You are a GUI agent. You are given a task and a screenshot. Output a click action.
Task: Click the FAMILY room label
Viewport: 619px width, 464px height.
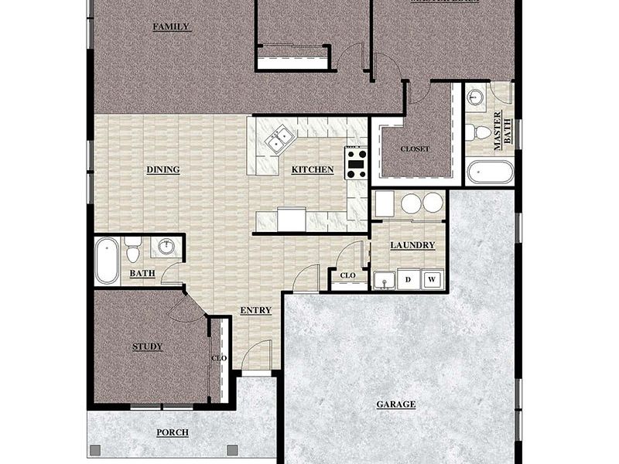171,26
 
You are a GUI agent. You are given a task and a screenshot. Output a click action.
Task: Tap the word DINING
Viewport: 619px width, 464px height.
162,169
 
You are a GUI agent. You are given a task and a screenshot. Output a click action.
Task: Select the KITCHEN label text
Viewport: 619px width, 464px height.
313,169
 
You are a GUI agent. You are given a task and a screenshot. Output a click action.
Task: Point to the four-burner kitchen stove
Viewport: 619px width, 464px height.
356,162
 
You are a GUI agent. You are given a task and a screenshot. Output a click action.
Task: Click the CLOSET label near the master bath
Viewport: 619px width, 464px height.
415,148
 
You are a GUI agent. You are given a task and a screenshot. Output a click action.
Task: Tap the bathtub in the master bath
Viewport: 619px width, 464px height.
490,171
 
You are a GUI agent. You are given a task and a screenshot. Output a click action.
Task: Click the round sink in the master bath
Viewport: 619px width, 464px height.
476,97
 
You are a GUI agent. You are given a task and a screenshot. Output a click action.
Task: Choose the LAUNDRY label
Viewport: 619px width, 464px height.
412,245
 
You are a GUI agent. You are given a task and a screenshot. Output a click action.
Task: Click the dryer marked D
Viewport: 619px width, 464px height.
408,279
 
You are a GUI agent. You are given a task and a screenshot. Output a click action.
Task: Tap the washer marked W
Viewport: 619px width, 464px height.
432,279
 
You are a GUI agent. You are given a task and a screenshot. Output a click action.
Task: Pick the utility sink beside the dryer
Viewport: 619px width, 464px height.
383,279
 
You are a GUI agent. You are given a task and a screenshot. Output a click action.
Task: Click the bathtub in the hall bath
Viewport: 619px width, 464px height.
107,261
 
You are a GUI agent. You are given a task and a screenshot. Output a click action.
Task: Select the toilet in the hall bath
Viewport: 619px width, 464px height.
133,249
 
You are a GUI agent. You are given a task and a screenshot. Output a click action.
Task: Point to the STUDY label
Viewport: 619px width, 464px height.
147,346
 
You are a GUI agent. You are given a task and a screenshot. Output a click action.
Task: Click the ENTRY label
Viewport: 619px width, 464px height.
255,310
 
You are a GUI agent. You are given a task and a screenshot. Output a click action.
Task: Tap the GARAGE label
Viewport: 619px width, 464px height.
396,404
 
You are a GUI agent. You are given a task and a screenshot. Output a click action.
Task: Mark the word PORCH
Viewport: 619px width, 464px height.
173,432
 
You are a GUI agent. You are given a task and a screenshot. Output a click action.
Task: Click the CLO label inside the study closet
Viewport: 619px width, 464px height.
219,357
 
